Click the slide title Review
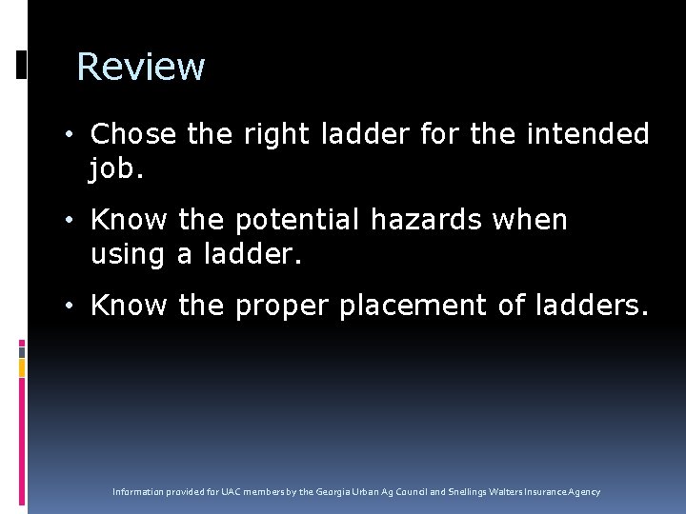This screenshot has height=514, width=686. pos(140,67)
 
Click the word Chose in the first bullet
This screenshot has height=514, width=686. pos(133,134)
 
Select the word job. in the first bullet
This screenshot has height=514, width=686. pos(118,169)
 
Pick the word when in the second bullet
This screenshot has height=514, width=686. pos(530,220)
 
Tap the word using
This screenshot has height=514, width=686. pos(130,254)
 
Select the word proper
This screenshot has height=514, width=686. pos(281,306)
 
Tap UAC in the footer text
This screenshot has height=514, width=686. pos(232,492)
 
